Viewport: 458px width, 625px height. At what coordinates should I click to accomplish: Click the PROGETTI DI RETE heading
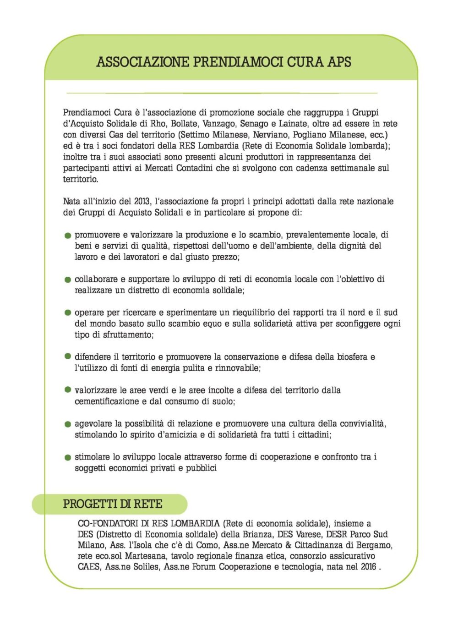point(113,504)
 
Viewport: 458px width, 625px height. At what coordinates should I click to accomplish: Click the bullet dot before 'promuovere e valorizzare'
point(68,236)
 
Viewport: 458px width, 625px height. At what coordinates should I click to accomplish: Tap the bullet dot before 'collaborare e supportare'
point(68,280)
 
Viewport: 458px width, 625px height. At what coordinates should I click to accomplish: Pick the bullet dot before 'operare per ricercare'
point(68,313)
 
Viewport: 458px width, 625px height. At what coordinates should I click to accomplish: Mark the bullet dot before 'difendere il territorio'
point(68,356)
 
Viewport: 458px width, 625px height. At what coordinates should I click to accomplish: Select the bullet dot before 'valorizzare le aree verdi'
point(68,390)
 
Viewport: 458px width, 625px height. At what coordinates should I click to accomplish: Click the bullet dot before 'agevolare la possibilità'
point(68,424)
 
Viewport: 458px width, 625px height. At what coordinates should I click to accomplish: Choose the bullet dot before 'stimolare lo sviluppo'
point(68,457)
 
